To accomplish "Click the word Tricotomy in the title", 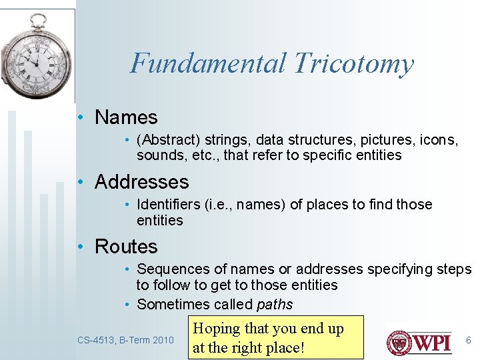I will (x=353, y=64).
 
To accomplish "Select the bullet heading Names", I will (x=126, y=117).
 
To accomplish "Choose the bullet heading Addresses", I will (x=141, y=182).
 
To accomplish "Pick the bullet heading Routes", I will (x=126, y=247).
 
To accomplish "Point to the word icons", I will (x=437, y=140).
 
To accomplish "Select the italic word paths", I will (x=275, y=305).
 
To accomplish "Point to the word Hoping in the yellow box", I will (x=217, y=329).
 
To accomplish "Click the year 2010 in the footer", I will (x=163, y=340).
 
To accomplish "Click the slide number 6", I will (x=468, y=340).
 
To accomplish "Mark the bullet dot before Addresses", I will (x=81, y=182).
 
